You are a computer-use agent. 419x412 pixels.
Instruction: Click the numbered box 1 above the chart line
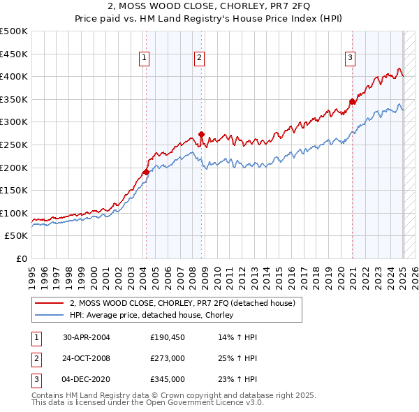pos(144,59)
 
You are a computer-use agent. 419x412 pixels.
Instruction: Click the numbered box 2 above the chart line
pos(199,59)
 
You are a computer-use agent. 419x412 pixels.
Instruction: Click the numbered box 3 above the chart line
pos(349,59)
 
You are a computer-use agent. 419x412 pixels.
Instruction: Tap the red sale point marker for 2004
pos(146,172)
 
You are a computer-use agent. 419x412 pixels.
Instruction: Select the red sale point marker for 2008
pos(201,134)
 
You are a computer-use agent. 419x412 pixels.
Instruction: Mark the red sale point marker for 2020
pos(353,101)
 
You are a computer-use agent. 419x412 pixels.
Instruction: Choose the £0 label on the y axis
pos(22,258)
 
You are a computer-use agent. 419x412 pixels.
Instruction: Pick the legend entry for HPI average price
pos(150,316)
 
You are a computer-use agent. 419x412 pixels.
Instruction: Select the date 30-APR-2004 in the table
pos(87,337)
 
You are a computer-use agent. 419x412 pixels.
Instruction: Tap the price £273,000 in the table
pos(168,358)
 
